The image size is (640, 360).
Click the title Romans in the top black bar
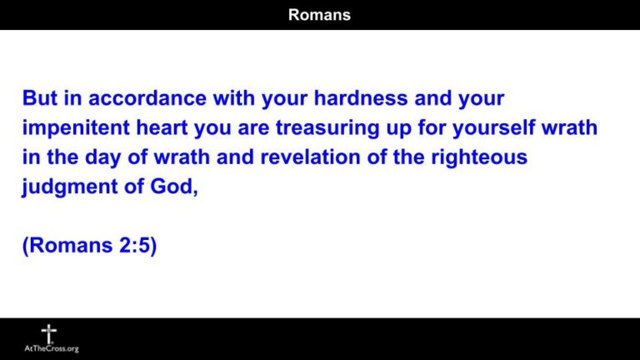coord(319,14)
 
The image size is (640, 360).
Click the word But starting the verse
coord(40,98)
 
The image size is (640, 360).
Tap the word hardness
coord(352,98)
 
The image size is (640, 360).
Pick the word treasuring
coord(322,128)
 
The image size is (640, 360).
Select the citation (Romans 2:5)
coord(89,247)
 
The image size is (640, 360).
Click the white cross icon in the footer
coord(49,334)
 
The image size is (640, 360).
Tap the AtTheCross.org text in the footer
coord(51,349)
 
